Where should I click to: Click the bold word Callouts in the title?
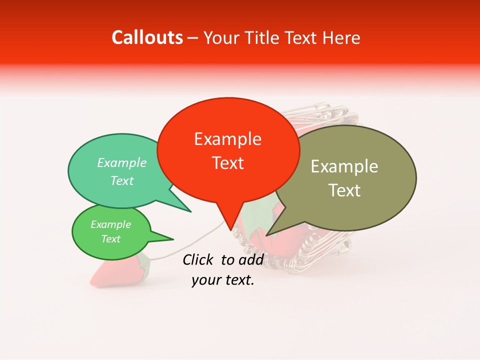point(147,37)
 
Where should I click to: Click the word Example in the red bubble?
point(227,139)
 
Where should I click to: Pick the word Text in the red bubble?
point(227,163)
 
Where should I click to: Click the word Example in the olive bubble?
point(344,166)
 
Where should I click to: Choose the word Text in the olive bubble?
point(344,190)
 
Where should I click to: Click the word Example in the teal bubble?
point(121,162)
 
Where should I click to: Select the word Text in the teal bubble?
point(121,180)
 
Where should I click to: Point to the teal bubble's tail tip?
point(190,211)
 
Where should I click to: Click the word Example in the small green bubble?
point(110,224)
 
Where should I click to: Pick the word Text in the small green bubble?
point(110,238)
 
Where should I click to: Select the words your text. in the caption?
point(223,280)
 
